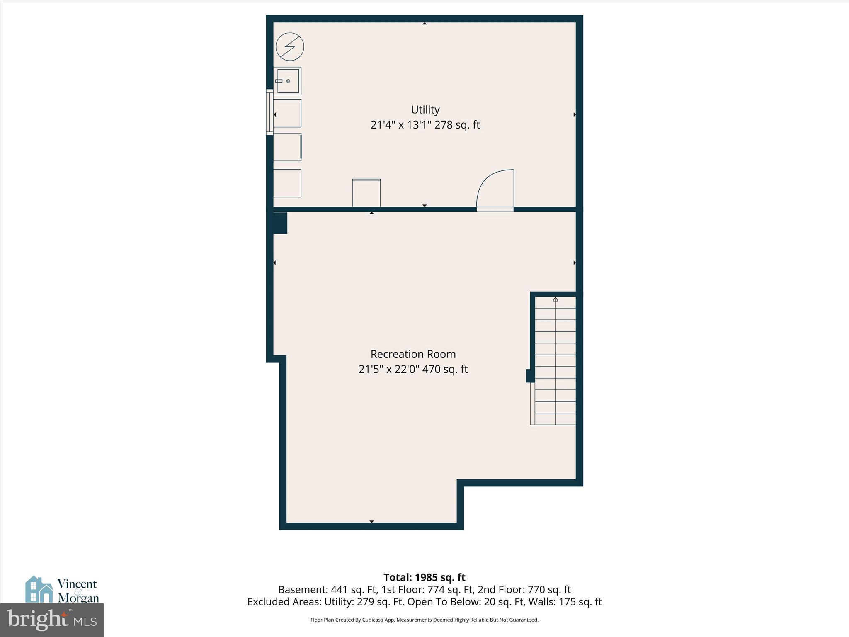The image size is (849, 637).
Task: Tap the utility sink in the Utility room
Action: click(x=287, y=81)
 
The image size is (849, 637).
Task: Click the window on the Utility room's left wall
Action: click(x=269, y=112)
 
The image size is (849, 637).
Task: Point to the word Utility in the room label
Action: click(x=425, y=110)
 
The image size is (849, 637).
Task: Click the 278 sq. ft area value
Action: click(x=457, y=125)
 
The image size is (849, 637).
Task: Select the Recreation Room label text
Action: click(x=413, y=354)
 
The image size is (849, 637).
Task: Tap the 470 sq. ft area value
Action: click(x=445, y=369)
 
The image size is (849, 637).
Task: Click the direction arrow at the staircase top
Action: click(x=555, y=299)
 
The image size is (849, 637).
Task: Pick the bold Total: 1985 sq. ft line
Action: click(x=424, y=577)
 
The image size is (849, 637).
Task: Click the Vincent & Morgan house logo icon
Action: click(x=39, y=589)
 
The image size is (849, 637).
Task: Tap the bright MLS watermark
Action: click(x=52, y=620)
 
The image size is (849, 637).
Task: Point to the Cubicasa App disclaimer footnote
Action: click(x=424, y=620)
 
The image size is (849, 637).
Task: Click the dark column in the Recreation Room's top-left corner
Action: click(x=280, y=223)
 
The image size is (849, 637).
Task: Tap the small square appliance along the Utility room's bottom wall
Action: click(x=366, y=193)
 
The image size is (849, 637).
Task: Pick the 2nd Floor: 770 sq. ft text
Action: click(x=524, y=590)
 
